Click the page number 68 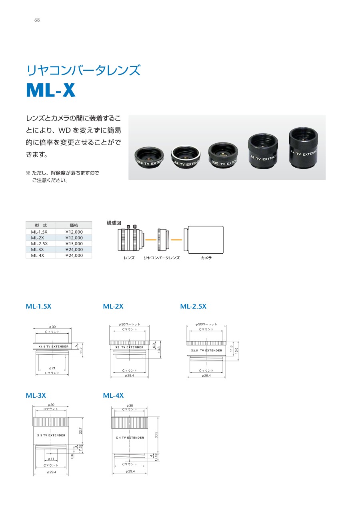(x=37, y=20)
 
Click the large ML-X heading (x=51, y=90)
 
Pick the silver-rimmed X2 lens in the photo (x=186, y=157)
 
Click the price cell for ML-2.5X (x=74, y=244)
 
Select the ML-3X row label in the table (x=37, y=250)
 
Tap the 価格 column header (x=74, y=225)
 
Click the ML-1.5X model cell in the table (x=39, y=232)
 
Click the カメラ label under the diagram (x=206, y=258)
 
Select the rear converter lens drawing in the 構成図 (x=163, y=240)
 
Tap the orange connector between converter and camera (x=176, y=240)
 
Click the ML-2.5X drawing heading (x=193, y=306)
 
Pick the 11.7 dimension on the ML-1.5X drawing (x=81, y=350)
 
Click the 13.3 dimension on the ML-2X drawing (x=159, y=349)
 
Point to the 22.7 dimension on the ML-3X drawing (x=80, y=431)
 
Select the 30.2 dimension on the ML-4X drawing (x=156, y=435)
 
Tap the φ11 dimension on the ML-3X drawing (x=51, y=459)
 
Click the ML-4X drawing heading (x=113, y=395)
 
